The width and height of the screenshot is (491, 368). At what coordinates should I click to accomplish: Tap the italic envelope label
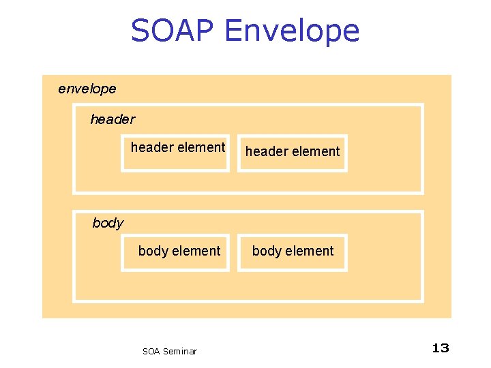[87, 89]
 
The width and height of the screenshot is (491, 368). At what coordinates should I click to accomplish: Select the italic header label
[113, 120]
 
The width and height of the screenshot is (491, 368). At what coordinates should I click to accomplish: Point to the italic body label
[108, 224]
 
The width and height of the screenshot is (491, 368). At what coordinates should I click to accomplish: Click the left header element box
[175, 153]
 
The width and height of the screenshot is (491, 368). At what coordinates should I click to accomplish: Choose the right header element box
[292, 153]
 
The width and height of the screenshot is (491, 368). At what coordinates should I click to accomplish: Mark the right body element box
[292, 253]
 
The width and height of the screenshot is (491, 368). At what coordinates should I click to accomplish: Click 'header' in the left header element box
[151, 147]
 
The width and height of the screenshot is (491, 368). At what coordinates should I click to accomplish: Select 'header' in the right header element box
[266, 151]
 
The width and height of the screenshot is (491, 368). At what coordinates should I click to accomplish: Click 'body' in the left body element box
[153, 251]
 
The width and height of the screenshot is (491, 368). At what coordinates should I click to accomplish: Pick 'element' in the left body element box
[196, 251]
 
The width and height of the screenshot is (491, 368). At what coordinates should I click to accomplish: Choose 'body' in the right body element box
[267, 251]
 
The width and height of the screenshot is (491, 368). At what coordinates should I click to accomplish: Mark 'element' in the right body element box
[310, 251]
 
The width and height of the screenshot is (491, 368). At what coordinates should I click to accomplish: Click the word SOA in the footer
[151, 352]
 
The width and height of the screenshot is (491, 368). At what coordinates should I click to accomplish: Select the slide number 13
[441, 348]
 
